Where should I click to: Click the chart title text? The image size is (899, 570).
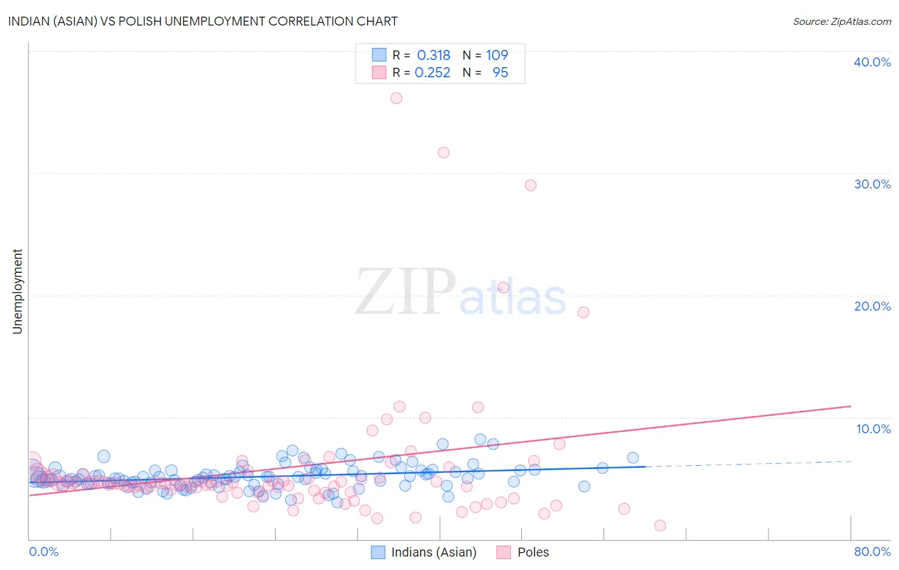[x=203, y=21]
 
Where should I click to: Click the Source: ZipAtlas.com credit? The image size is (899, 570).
[x=841, y=22]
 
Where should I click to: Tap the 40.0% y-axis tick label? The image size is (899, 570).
[x=872, y=62]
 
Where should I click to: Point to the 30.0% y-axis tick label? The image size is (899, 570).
[x=872, y=184]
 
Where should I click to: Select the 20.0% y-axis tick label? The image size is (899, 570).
[x=872, y=306]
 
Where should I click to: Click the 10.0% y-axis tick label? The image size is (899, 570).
[x=873, y=429]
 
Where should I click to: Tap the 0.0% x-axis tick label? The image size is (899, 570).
[x=43, y=551]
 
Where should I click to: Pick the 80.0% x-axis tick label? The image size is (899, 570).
[x=872, y=551]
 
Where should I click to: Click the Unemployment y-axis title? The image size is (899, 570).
[x=17, y=291]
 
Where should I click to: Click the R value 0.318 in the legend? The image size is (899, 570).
[x=434, y=56]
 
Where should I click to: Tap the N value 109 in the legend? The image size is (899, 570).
[x=497, y=56]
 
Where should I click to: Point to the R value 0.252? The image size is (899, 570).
[x=432, y=73]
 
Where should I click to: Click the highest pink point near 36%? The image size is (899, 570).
[x=396, y=98]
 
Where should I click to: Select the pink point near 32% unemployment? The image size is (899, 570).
[x=443, y=153]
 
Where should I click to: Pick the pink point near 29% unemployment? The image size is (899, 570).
[x=530, y=185]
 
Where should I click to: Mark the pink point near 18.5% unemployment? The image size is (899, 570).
[x=583, y=312]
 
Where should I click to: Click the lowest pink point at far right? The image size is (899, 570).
[x=660, y=525]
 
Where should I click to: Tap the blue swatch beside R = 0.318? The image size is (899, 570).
[x=379, y=56]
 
